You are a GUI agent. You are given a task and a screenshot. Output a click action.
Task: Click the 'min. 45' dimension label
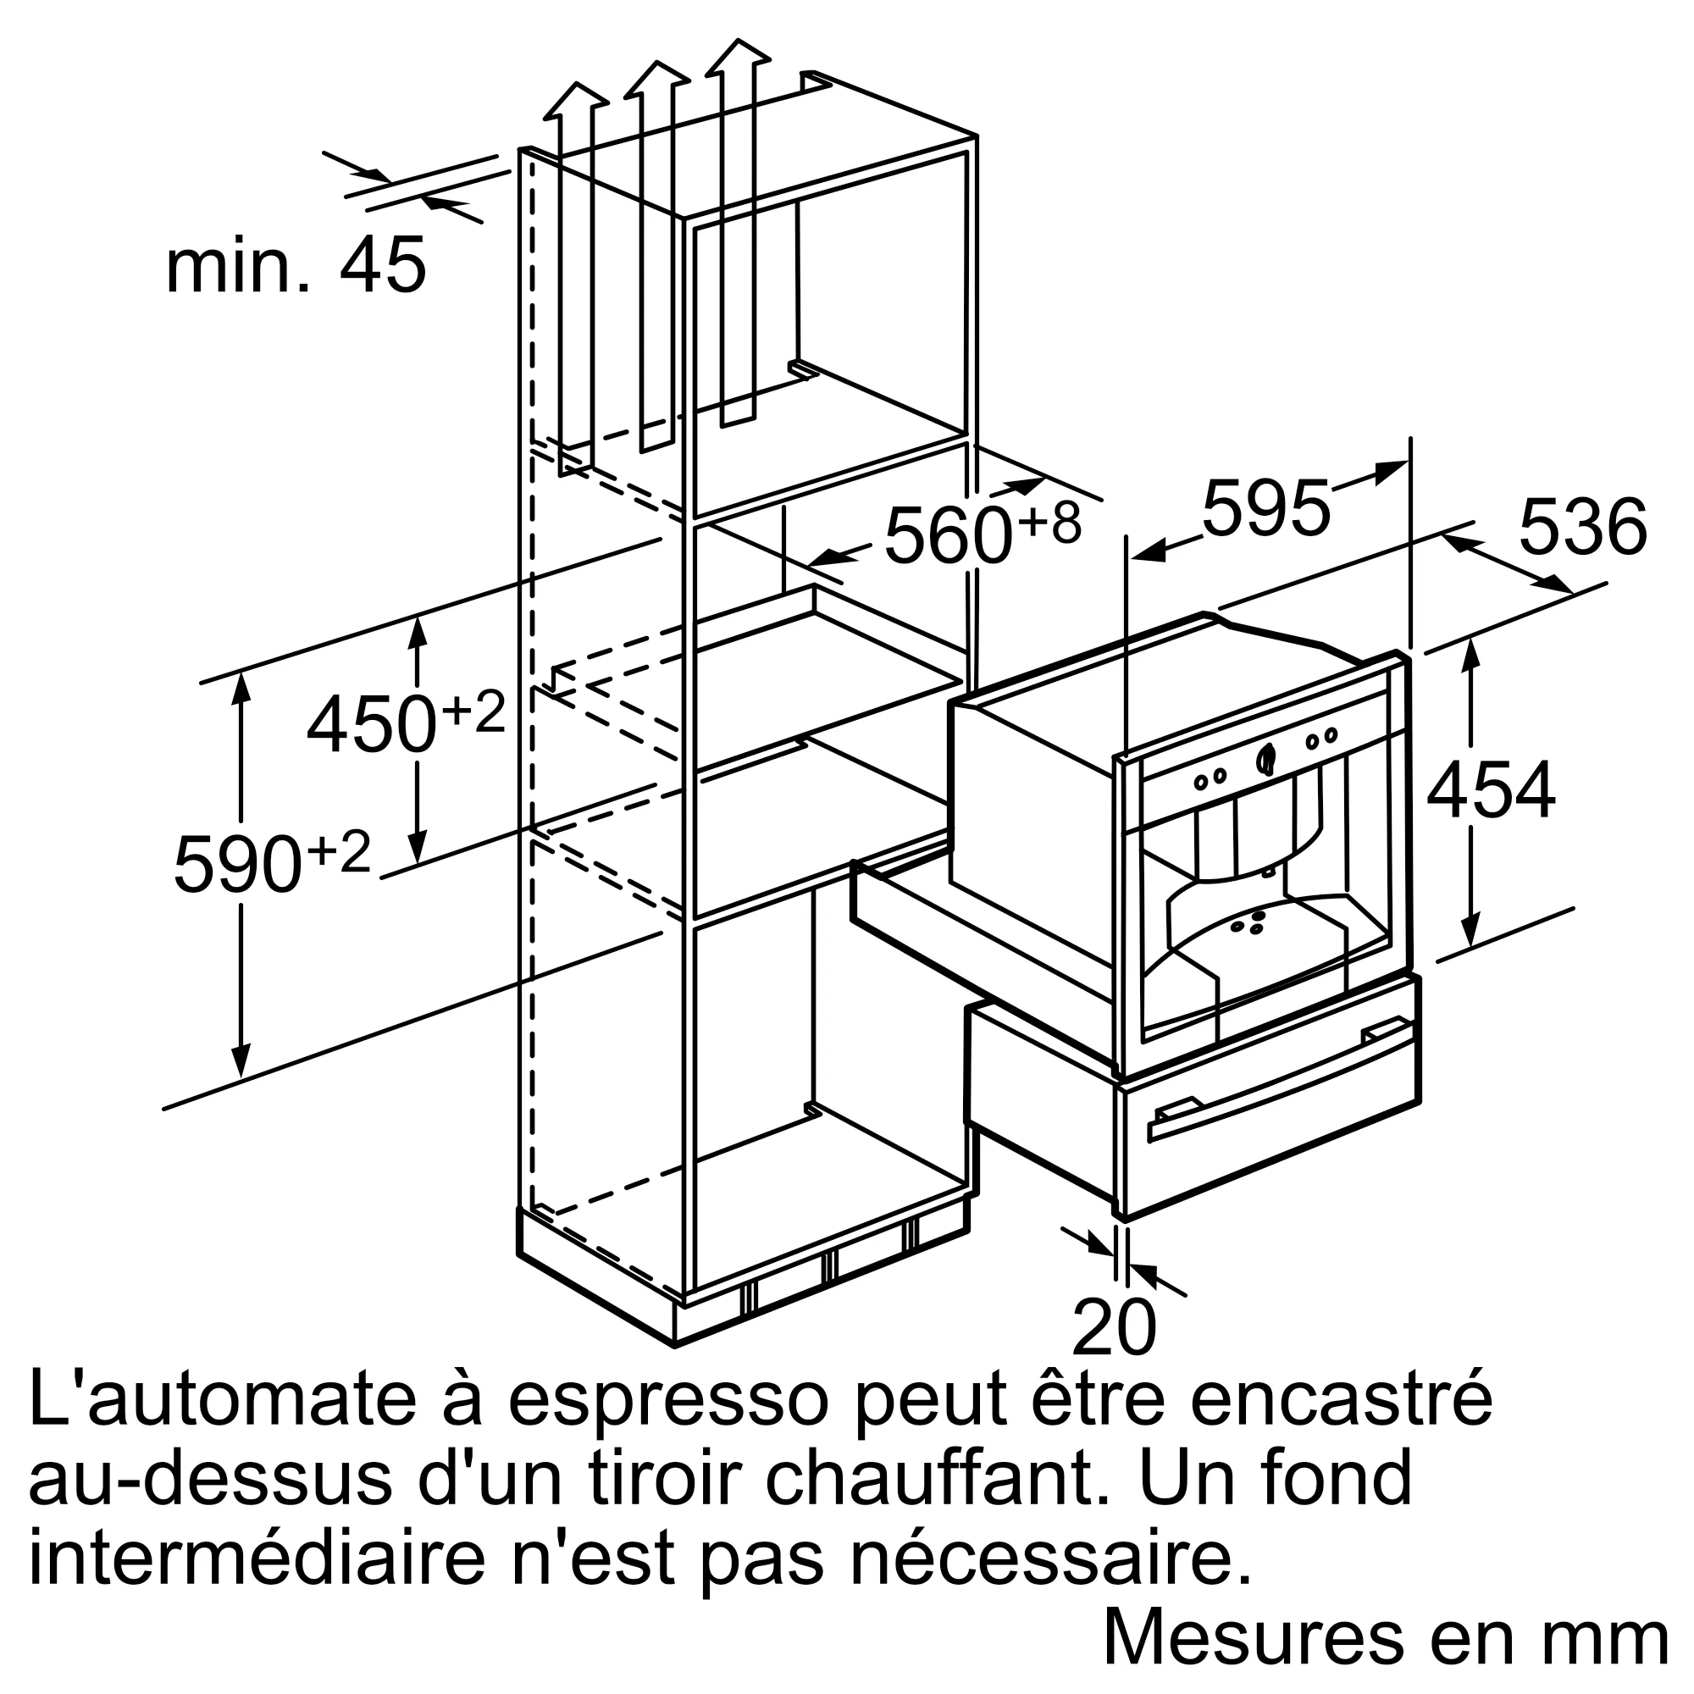coord(296,267)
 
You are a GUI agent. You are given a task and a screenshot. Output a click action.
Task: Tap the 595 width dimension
coord(1265,509)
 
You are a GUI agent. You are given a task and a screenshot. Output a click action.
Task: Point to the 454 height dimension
coord(1491,793)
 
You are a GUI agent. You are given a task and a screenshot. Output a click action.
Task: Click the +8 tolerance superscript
coord(1049,523)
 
